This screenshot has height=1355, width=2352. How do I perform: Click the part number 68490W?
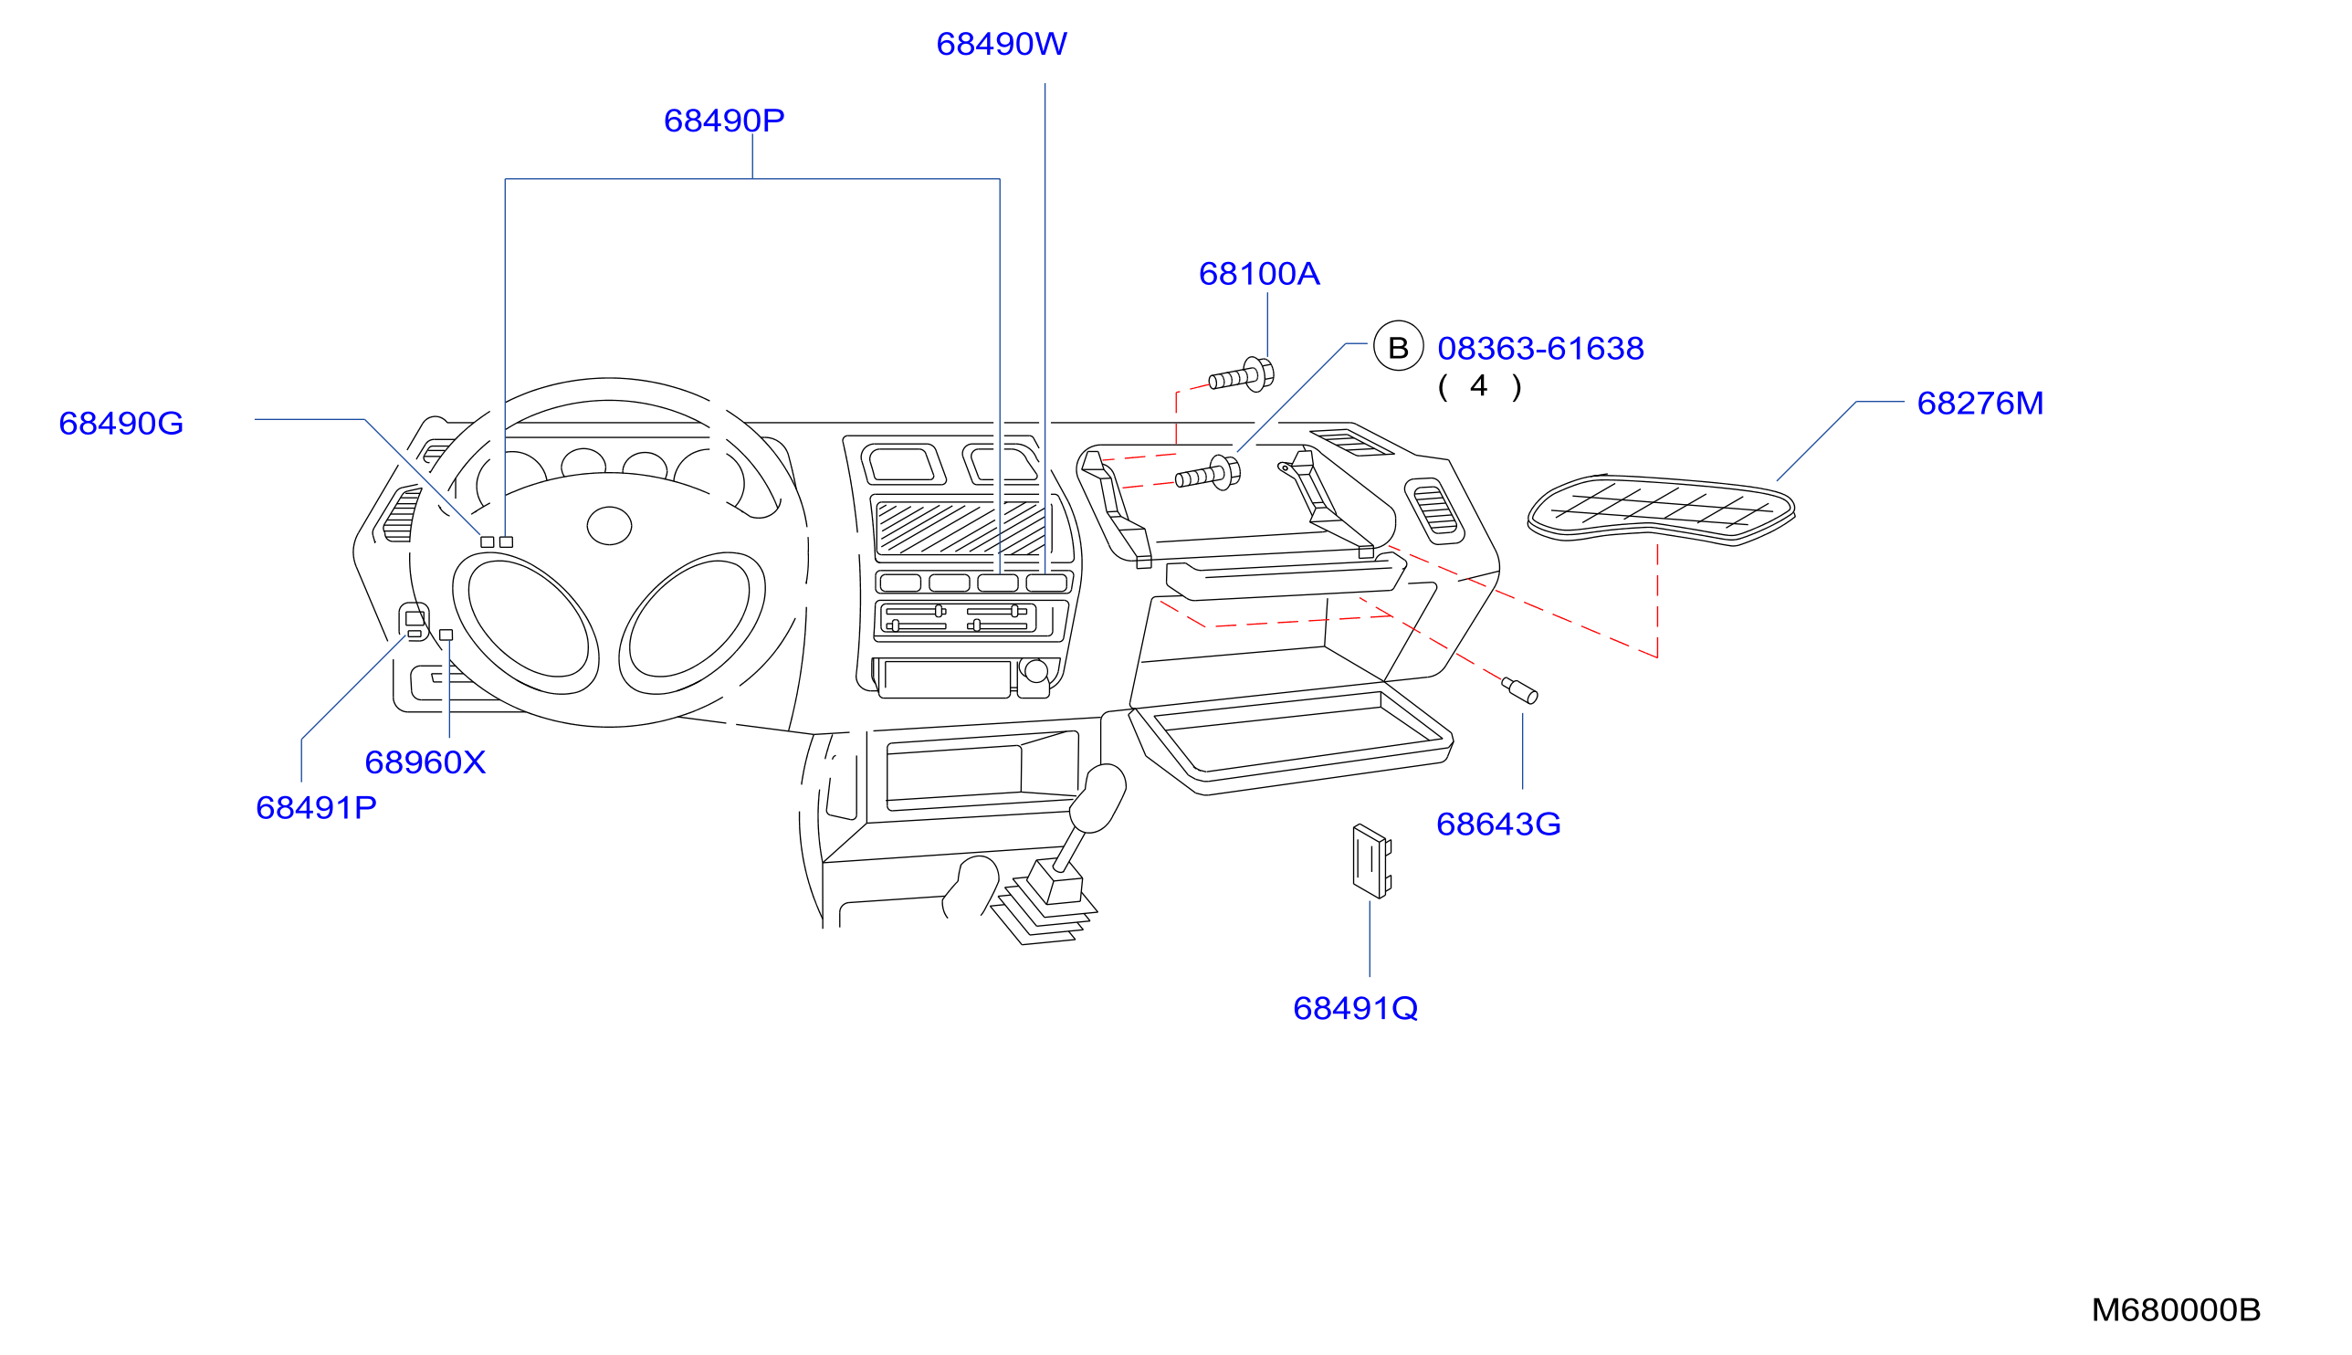click(1001, 44)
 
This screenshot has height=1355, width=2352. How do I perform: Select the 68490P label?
click(724, 120)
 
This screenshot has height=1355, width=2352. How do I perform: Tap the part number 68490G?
click(121, 424)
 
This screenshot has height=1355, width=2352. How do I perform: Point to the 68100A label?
click(1259, 274)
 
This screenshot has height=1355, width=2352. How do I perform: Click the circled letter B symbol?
click(1399, 345)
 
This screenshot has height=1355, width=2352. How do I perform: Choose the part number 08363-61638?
click(1540, 348)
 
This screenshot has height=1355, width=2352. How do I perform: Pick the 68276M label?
click(1979, 403)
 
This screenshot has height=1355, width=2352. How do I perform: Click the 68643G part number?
click(1498, 824)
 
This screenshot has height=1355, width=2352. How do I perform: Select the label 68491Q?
click(1356, 1008)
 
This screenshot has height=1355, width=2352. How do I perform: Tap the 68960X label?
click(425, 762)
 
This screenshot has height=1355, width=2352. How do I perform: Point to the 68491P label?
click(316, 807)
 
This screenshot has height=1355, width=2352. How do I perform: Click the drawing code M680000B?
click(2175, 1310)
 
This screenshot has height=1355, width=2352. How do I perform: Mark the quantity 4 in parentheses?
click(1479, 386)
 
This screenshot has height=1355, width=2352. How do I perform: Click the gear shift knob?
click(1097, 797)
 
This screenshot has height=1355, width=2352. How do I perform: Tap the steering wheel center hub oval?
click(609, 526)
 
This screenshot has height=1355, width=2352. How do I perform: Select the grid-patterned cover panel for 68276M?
click(1661, 510)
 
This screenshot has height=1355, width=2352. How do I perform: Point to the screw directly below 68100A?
click(1241, 375)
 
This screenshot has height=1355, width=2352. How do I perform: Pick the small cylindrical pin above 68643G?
click(1519, 690)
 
